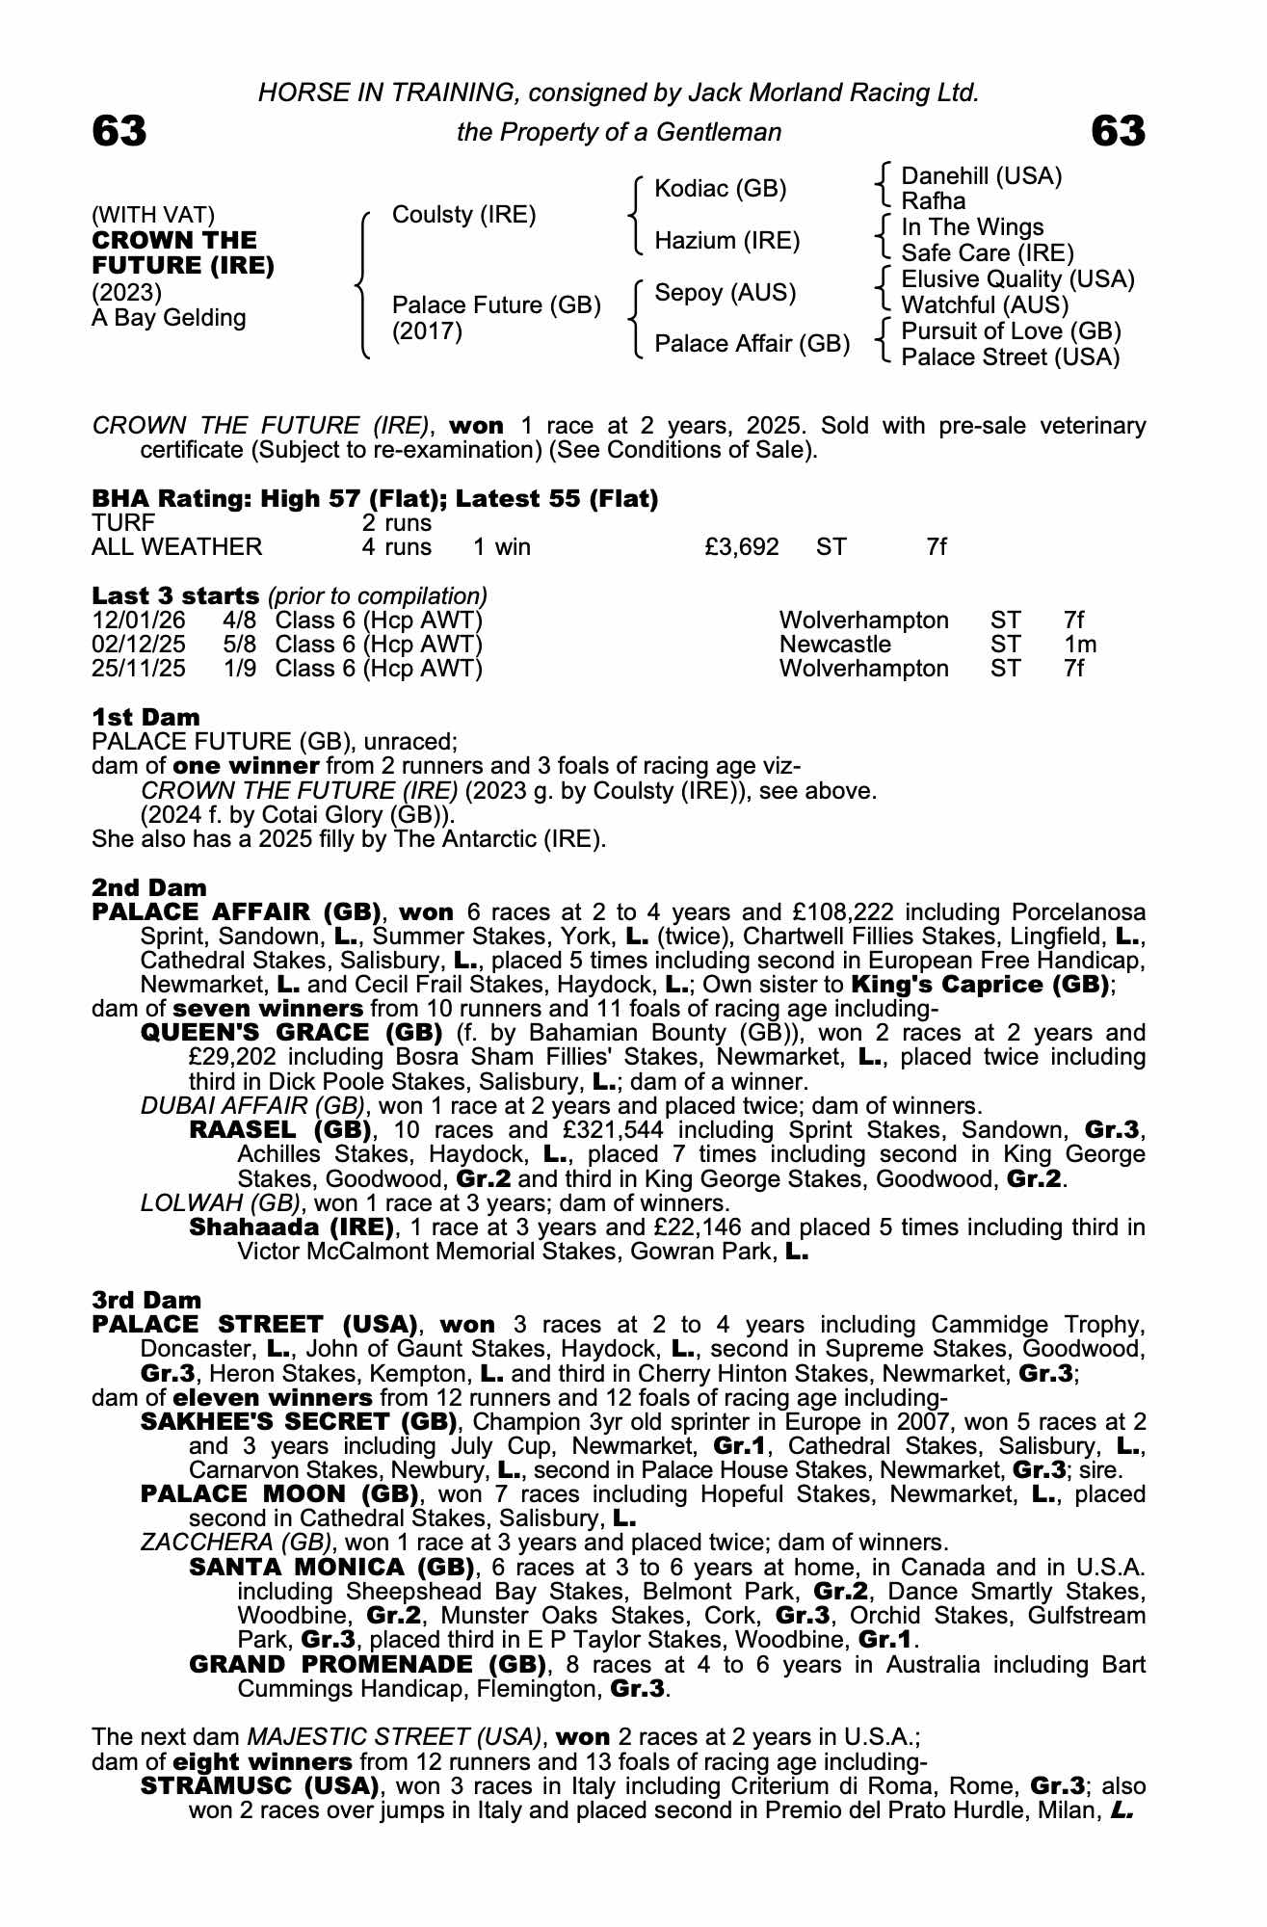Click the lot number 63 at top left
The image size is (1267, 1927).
119,131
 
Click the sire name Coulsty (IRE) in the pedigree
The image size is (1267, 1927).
463,215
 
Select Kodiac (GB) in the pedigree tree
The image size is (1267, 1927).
720,189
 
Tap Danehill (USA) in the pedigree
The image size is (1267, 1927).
981,176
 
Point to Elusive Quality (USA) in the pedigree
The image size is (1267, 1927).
1017,279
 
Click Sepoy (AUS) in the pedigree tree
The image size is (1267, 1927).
725,292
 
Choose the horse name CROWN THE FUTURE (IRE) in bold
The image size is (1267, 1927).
183,252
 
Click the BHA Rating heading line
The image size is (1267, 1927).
375,499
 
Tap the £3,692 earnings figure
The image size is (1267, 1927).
742,547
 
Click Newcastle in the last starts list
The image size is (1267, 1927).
834,645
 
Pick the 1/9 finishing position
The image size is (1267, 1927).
240,669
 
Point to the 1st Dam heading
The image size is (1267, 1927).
145,717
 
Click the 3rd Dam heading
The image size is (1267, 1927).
146,1301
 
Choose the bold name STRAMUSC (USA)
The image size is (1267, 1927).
259,1786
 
